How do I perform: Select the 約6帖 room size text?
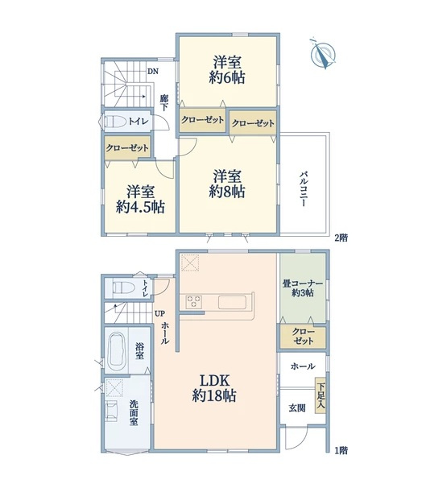pyautogui.click(x=229, y=77)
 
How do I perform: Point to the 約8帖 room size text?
pyautogui.click(x=228, y=192)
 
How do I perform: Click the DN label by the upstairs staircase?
pyautogui.click(x=151, y=71)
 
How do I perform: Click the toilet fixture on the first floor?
pyautogui.click(x=121, y=287)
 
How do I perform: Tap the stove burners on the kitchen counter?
pyautogui.click(x=195, y=302)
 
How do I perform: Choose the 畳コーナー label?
pyautogui.click(x=304, y=284)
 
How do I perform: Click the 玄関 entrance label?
pyautogui.click(x=297, y=407)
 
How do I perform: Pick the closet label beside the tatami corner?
pyautogui.click(x=304, y=337)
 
